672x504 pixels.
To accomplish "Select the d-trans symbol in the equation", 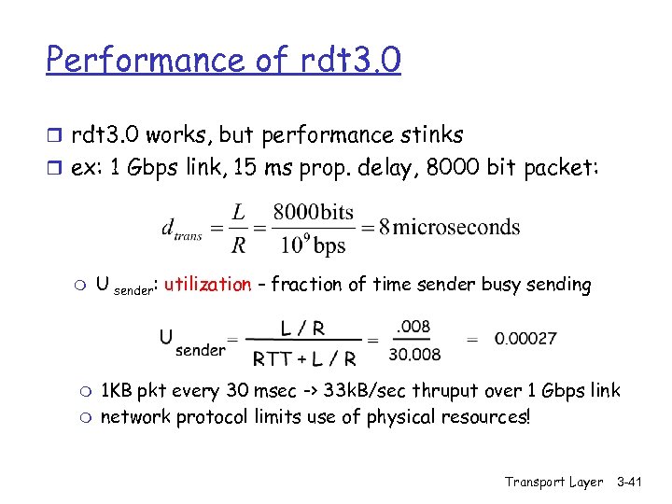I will click(181, 230).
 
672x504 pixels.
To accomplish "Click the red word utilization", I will click(207, 285).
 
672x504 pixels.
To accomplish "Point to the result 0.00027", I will click(525, 338).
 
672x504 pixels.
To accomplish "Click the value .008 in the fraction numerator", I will click(412, 326).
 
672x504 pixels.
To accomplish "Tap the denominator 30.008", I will click(413, 353).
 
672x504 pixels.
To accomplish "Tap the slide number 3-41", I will click(636, 482).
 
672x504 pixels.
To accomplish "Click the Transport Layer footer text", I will click(554, 482).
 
